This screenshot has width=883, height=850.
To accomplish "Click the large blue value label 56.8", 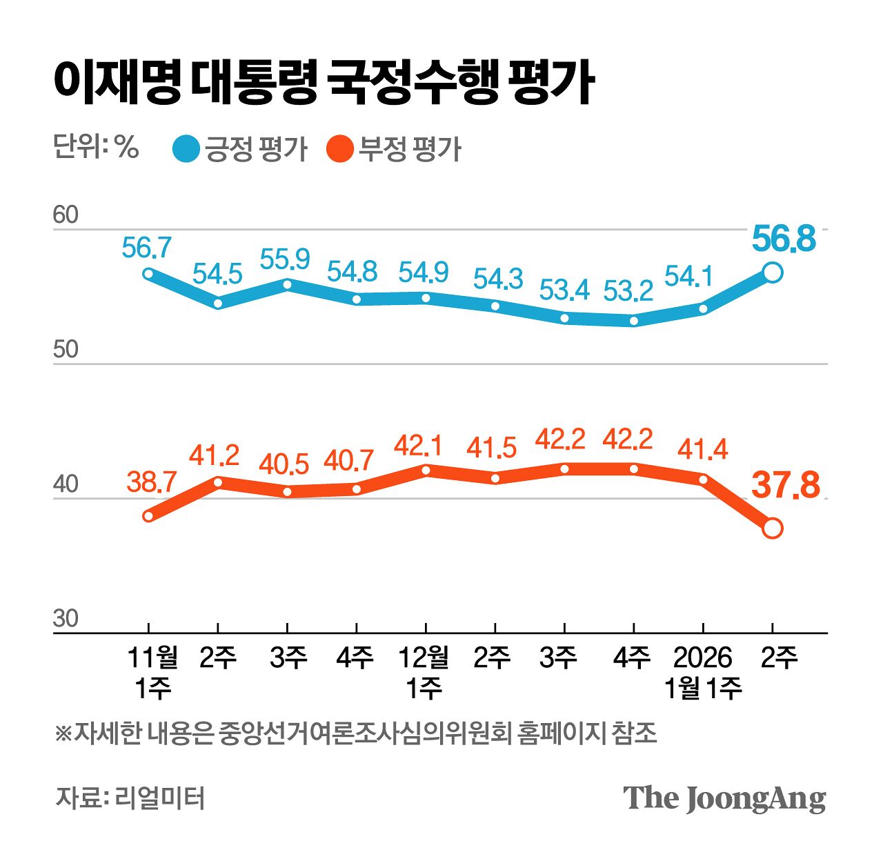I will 784,239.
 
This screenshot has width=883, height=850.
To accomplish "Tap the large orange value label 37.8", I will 786,485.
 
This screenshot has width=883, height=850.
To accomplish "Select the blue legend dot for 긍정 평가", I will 186,149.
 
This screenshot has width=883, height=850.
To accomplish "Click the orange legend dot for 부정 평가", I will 339,149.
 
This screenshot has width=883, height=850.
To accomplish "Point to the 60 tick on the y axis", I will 66,215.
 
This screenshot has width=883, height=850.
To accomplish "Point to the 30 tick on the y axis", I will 66,619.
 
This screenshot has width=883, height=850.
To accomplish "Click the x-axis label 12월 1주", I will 424,673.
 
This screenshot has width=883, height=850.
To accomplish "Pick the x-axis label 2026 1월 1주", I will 702,673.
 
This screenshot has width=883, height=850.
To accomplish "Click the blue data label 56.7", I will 146,247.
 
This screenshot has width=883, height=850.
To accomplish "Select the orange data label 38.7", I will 152,482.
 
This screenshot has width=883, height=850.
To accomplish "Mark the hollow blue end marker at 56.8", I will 773,273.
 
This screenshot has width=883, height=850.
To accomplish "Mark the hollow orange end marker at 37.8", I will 773,528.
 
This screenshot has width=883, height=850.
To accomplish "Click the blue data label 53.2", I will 628,291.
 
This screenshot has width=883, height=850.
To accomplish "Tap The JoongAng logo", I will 724,798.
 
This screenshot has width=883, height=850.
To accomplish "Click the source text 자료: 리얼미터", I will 130,798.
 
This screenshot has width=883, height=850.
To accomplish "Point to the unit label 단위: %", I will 96,147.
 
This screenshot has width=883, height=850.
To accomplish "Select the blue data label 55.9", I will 285,259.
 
